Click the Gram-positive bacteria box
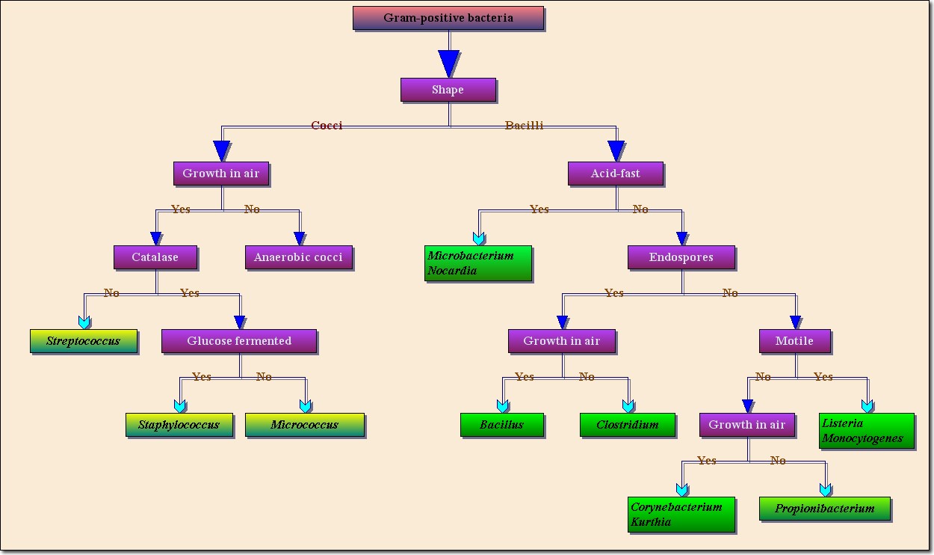[x=448, y=18]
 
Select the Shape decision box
[x=448, y=90]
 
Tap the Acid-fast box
[x=616, y=174]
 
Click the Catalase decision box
[x=155, y=257]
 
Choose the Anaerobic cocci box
[x=298, y=257]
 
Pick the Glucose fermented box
[x=239, y=341]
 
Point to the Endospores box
[x=681, y=257]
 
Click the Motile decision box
[x=794, y=341]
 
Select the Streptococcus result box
[x=84, y=341]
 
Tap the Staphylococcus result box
[x=179, y=425]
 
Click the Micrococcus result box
[x=304, y=425]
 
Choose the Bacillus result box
[x=501, y=425]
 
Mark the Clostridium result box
[x=628, y=425]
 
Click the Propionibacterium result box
[x=825, y=509]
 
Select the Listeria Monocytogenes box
[x=867, y=431]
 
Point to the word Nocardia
[x=452, y=271]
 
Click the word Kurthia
[x=651, y=522]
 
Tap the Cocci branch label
[x=327, y=126]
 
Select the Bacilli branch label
[x=525, y=126]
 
